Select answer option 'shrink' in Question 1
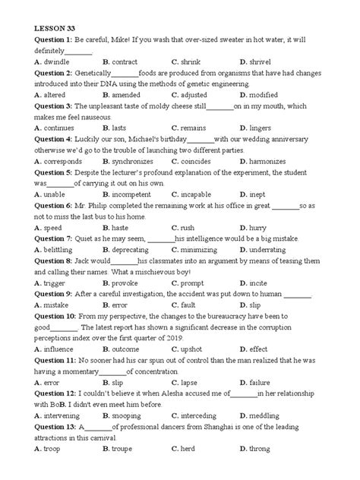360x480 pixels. [x=190, y=61]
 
